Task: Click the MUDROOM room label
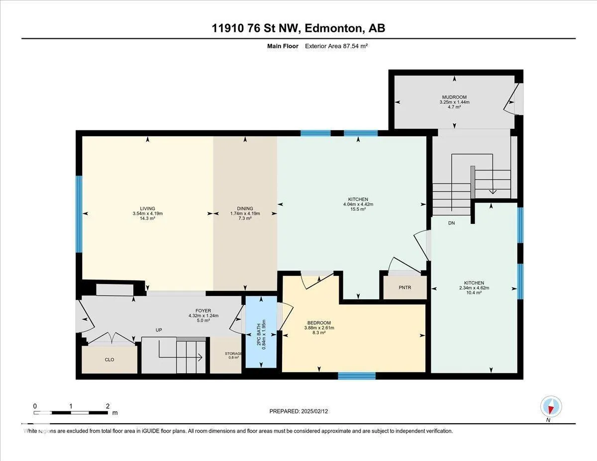pyautogui.click(x=454, y=97)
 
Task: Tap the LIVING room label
pyautogui.click(x=148, y=209)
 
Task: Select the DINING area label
pyautogui.click(x=245, y=209)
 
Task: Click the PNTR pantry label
pyautogui.click(x=405, y=287)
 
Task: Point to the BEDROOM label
pyautogui.click(x=319, y=323)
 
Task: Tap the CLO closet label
pyautogui.click(x=109, y=360)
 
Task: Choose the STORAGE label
pyautogui.click(x=233, y=354)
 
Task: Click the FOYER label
pyautogui.click(x=203, y=311)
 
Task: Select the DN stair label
pyautogui.click(x=451, y=223)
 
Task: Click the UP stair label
pyautogui.click(x=159, y=330)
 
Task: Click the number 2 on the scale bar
pyautogui.click(x=107, y=406)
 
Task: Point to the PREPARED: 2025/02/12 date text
pyautogui.click(x=298, y=411)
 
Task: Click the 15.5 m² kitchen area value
pyautogui.click(x=358, y=209)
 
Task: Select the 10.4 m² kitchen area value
pyautogui.click(x=474, y=293)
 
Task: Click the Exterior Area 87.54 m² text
pyautogui.click(x=336, y=46)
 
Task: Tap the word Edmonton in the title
pyautogui.click(x=333, y=28)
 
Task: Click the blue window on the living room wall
pyautogui.click(x=79, y=214)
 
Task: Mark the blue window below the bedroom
pyautogui.click(x=357, y=376)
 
